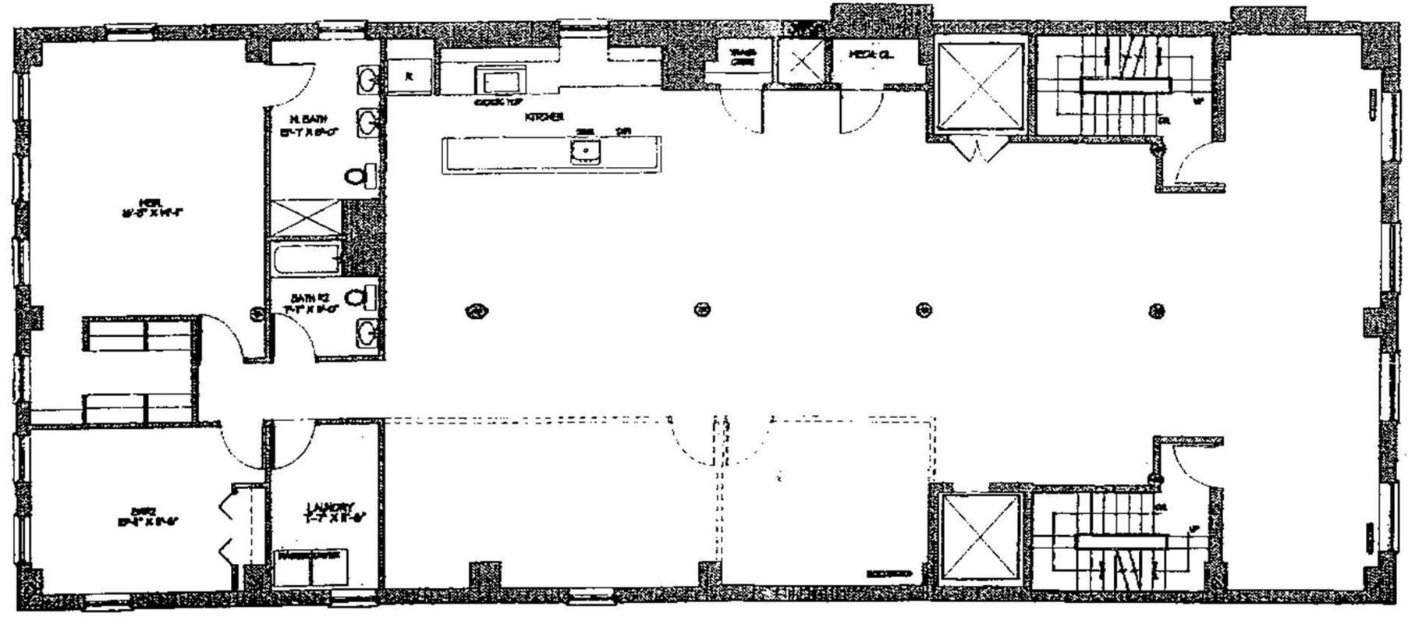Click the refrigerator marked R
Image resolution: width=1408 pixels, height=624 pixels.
tap(410, 76)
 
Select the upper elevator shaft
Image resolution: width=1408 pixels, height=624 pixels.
tap(980, 86)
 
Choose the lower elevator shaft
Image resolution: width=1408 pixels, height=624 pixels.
tap(981, 539)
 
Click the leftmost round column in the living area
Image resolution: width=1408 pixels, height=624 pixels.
tap(475, 310)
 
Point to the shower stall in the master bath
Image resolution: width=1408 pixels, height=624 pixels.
tap(307, 218)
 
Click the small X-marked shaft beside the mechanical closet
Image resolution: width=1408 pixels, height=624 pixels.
tap(800, 60)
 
